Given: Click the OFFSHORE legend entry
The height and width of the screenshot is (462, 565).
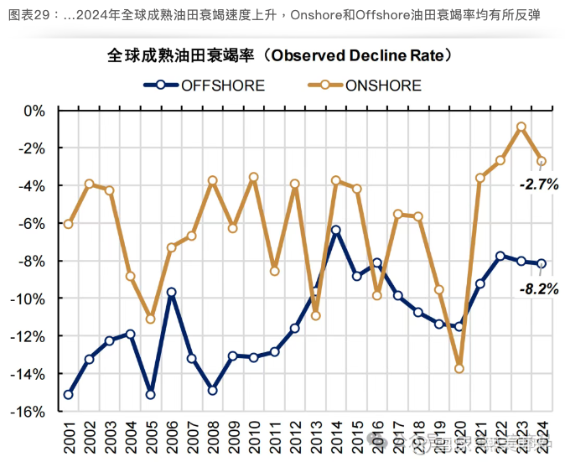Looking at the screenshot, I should pyautogui.click(x=222, y=85).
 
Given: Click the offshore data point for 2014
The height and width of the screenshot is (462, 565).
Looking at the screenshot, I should pyautogui.click(x=336, y=230).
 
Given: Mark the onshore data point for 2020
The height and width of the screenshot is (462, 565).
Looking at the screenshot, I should pyautogui.click(x=459, y=368).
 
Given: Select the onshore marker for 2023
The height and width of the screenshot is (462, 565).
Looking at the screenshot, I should pyautogui.click(x=521, y=127).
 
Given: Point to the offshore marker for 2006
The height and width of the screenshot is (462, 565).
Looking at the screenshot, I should pyautogui.click(x=171, y=293).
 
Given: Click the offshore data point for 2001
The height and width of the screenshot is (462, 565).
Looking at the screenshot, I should pyautogui.click(x=69, y=394).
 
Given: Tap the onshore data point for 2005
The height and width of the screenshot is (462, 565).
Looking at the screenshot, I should pyautogui.click(x=151, y=319).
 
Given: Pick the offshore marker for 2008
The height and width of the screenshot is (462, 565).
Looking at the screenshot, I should pyautogui.click(x=213, y=390).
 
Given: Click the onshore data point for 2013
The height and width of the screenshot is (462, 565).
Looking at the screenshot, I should pyautogui.click(x=316, y=315).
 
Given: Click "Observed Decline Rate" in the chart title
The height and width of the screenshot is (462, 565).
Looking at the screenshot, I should pyautogui.click(x=360, y=55).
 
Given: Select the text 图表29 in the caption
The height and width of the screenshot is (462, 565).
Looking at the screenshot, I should pyautogui.click(x=31, y=15).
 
